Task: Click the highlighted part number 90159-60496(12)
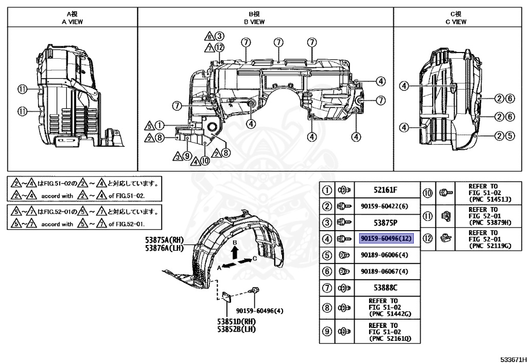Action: click(386, 238)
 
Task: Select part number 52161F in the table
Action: click(386, 190)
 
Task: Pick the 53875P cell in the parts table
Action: click(386, 222)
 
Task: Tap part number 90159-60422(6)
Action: click(386, 206)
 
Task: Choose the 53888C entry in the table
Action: click(386, 287)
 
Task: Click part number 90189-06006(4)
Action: click(386, 255)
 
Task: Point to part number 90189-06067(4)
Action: click(386, 271)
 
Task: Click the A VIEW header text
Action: click(72, 22)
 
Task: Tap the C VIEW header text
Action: click(456, 22)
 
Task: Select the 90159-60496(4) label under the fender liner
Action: click(260, 310)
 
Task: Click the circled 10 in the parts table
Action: click(428, 193)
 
